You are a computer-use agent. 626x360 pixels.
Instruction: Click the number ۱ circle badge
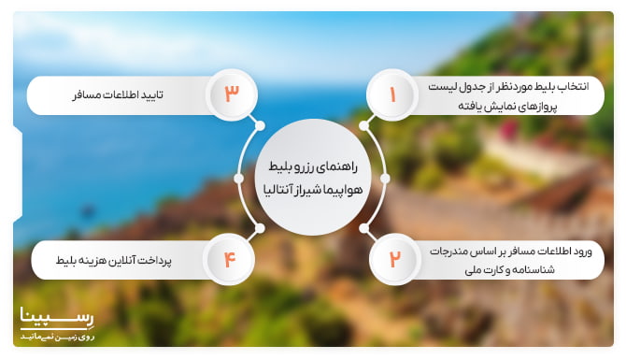(x=392, y=94)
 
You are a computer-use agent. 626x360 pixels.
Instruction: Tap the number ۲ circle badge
(x=394, y=259)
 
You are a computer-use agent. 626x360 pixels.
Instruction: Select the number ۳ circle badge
(x=232, y=94)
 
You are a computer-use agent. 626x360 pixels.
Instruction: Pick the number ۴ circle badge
(x=230, y=259)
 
